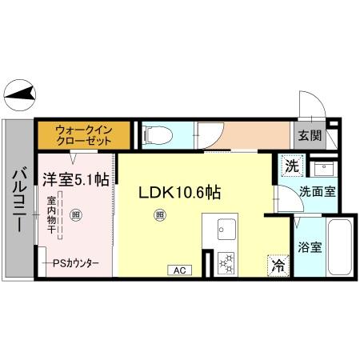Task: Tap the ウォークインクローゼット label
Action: pyautogui.click(x=83, y=134)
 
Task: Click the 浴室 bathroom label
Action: pyautogui.click(x=310, y=246)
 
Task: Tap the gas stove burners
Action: pyautogui.click(x=225, y=262)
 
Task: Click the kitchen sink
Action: pyautogui.click(x=223, y=232)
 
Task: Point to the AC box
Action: pyautogui.click(x=179, y=270)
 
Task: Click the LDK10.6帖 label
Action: pyautogui.click(x=181, y=193)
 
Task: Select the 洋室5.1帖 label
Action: pyautogui.click(x=76, y=180)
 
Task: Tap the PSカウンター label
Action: pyautogui.click(x=77, y=262)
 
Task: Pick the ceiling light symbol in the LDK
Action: pyautogui.click(x=160, y=214)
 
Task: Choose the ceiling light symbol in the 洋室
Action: pyautogui.click(x=75, y=214)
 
